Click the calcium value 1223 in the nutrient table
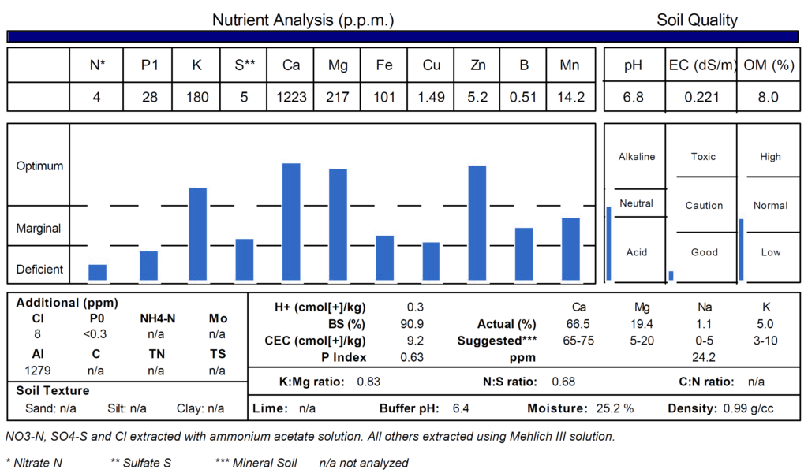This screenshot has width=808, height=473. tap(291, 97)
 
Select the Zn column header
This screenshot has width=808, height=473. tap(477, 65)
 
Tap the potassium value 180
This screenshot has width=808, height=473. tap(197, 97)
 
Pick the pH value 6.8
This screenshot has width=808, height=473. tap(633, 97)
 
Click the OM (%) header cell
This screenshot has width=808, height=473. tap(769, 65)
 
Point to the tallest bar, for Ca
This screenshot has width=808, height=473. tap(291, 222)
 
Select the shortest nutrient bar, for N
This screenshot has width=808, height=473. tap(97, 272)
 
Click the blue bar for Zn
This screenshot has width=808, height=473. tap(477, 222)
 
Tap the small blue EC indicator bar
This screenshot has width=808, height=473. tap(671, 275)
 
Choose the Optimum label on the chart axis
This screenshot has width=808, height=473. tap(39, 166)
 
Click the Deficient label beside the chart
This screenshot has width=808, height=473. tap(39, 269)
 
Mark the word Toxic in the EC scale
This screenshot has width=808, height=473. tap(703, 157)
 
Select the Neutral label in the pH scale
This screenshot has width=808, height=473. tap(636, 203)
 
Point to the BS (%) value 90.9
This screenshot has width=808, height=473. tap(416, 323)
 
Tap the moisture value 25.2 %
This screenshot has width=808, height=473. tap(615, 408)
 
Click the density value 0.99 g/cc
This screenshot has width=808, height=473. tap(749, 408)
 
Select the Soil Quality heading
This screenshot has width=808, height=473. tap(697, 20)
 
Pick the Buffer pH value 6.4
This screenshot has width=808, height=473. tap(461, 408)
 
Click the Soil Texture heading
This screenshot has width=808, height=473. tap(53, 390)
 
